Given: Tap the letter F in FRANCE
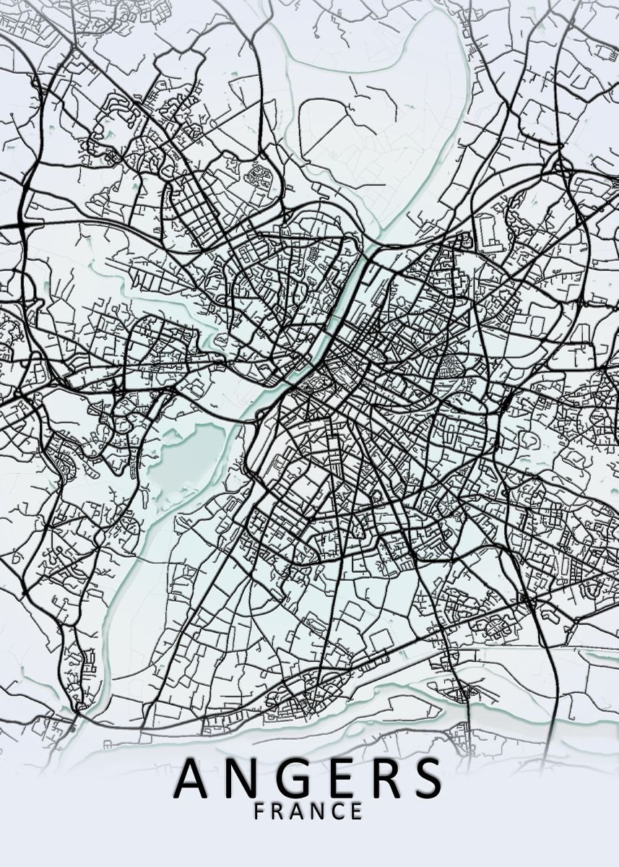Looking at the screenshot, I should [x=260, y=811].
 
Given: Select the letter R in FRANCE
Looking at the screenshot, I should [x=279, y=811].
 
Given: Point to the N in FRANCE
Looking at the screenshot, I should [x=319, y=811].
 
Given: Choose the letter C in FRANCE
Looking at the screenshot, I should [x=337, y=811].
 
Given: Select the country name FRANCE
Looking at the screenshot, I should [x=308, y=811].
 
